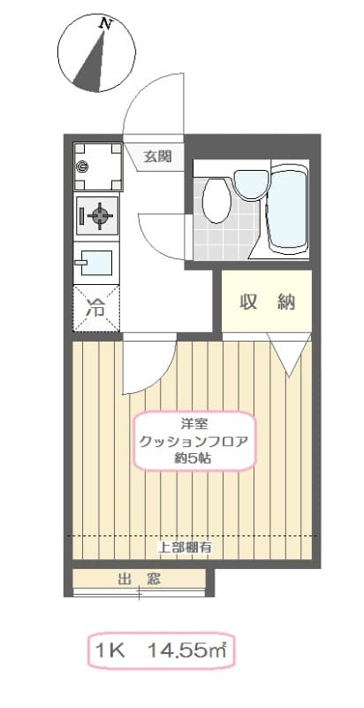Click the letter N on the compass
(x=106, y=26)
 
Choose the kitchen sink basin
(x=95, y=261)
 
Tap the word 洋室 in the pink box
(x=194, y=424)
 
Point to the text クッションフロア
(x=194, y=442)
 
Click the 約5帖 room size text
(x=194, y=458)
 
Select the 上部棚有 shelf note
(x=185, y=547)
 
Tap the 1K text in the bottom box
(x=111, y=653)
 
